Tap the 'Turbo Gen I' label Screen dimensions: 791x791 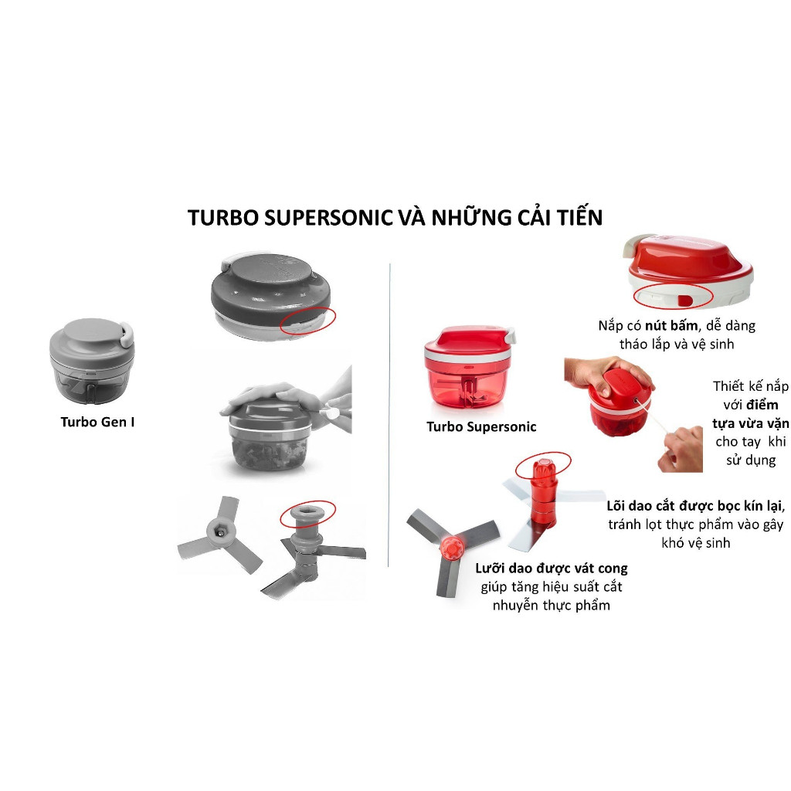(x=97, y=422)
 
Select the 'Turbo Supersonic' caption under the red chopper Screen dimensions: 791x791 (x=481, y=426)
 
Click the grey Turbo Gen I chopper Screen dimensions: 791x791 (x=92, y=360)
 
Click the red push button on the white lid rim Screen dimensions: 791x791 (x=686, y=300)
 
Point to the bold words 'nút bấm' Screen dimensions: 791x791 (x=671, y=325)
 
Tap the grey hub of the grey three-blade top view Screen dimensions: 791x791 (x=220, y=531)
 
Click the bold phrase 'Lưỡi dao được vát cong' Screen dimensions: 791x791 (x=552, y=569)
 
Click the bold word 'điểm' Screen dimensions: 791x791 (x=762, y=405)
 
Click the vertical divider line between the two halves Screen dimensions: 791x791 (x=389, y=415)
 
